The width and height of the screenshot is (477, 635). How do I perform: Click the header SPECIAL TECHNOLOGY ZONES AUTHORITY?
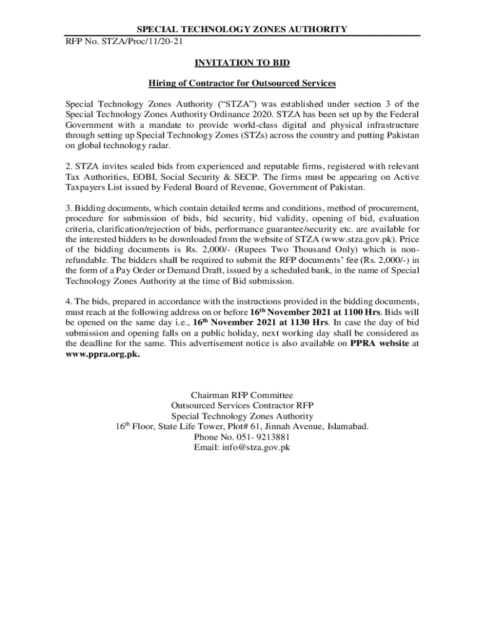(242, 30)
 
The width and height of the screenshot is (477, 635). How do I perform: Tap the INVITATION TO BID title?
(242, 63)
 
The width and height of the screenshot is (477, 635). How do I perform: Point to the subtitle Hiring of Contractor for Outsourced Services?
(242, 83)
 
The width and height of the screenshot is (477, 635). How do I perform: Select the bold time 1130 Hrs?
(302, 322)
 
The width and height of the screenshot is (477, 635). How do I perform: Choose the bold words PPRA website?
(379, 344)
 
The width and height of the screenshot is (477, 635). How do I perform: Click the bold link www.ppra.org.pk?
(103, 354)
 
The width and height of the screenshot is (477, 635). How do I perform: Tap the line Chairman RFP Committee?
(242, 395)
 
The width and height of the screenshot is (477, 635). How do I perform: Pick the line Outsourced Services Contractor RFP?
(242, 406)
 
